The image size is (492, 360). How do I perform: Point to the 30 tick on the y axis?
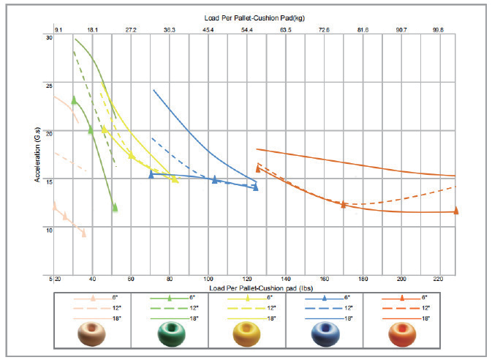click(50, 37)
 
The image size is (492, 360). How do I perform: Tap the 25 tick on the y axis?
click(50, 86)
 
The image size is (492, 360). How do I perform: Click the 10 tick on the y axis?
click(50, 230)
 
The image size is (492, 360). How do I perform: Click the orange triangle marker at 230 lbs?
click(455, 211)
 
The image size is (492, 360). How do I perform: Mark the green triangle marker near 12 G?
click(115, 208)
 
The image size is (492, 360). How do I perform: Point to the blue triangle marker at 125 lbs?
click(256, 187)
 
